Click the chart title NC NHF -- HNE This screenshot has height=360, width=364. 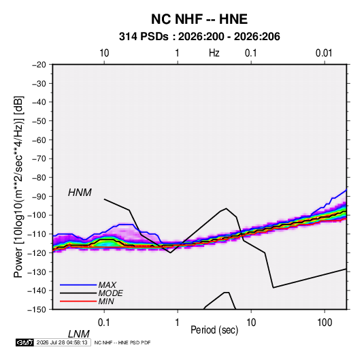pyautogui.click(x=199, y=19)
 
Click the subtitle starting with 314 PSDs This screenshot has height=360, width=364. pyautogui.click(x=199, y=37)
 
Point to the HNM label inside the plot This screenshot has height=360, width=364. pyautogui.click(x=80, y=193)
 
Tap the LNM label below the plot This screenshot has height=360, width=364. pyautogui.click(x=79, y=334)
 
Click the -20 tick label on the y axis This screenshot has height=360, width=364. pyautogui.click(x=39, y=65)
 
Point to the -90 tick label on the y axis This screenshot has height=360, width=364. pyautogui.click(x=39, y=196)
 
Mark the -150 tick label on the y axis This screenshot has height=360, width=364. pyautogui.click(x=37, y=310)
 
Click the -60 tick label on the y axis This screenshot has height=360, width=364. pyautogui.click(x=39, y=140)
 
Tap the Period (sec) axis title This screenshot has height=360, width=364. pyautogui.click(x=214, y=330)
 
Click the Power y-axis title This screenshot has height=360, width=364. pyautogui.click(x=18, y=187)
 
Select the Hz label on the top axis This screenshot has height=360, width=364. pyautogui.click(x=214, y=53)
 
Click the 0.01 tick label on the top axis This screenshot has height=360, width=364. pyautogui.click(x=324, y=53)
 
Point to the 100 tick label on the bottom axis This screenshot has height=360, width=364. pyautogui.click(x=325, y=323)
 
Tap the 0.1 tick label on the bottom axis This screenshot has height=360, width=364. pyautogui.click(x=104, y=323)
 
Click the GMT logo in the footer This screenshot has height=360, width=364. pyautogui.click(x=24, y=342)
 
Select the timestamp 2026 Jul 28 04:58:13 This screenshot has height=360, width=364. pyautogui.click(x=62, y=342)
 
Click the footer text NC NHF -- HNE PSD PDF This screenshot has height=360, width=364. pyautogui.click(x=122, y=342)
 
